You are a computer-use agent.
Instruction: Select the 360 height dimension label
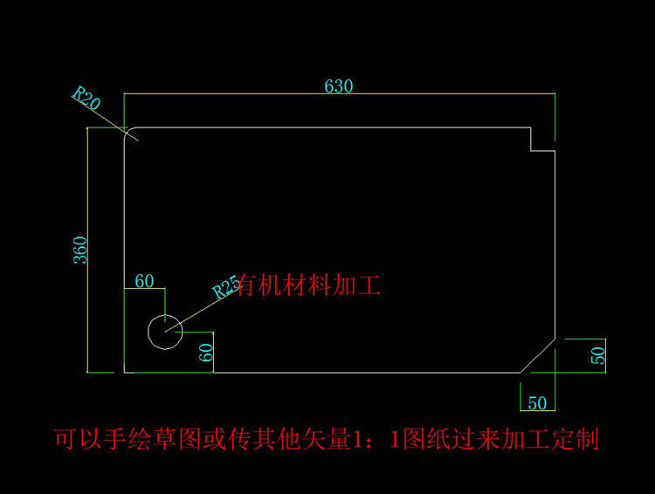(79, 250)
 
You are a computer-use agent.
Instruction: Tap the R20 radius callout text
(86, 97)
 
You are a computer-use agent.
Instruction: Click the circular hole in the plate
(164, 332)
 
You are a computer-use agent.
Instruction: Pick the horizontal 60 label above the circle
(144, 280)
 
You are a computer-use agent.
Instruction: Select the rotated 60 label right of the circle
(207, 353)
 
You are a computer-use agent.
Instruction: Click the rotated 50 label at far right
(598, 355)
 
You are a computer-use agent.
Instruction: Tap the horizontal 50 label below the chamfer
(538, 402)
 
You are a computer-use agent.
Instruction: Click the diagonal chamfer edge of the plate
(538, 356)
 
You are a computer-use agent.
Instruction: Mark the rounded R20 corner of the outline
(129, 133)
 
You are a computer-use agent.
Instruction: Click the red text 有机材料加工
(309, 285)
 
